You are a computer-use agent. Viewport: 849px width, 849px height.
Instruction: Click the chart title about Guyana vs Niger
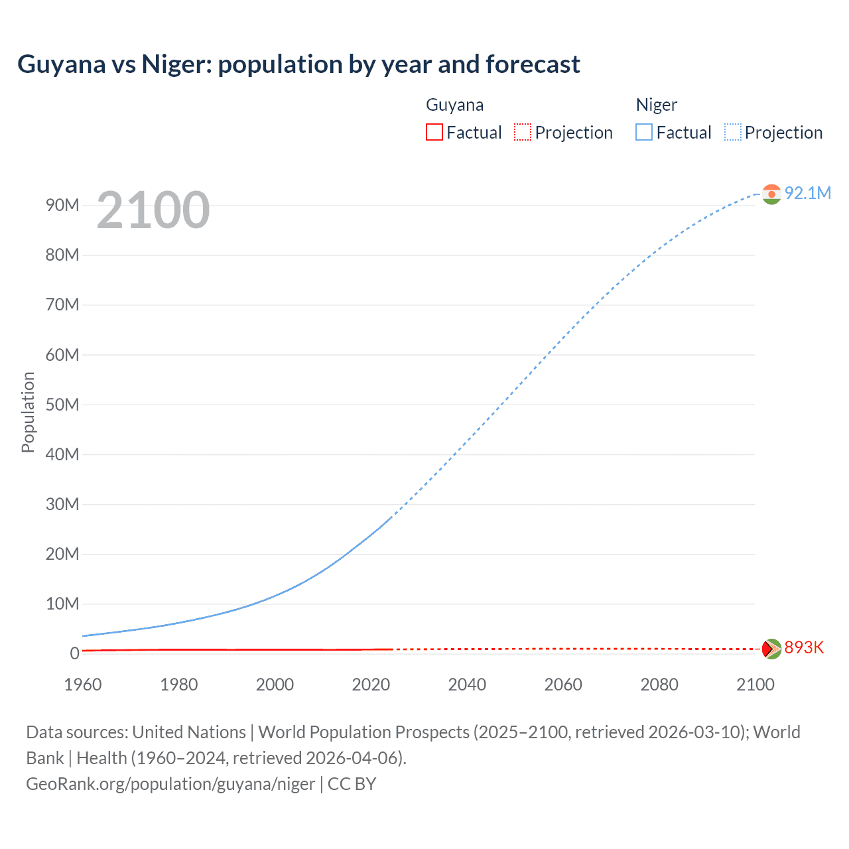coord(298,64)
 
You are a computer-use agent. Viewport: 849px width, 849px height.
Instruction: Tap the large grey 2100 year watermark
coord(153,210)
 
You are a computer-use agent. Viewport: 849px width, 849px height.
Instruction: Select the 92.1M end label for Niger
coord(807,193)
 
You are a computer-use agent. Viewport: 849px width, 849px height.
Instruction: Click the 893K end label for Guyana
coord(803,647)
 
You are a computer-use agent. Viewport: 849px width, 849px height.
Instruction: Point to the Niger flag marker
coord(771,194)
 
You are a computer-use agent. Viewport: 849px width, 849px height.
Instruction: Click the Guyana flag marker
coord(771,648)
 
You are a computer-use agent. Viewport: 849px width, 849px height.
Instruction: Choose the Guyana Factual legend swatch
coord(434,132)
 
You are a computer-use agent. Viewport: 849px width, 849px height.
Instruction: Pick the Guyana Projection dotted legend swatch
coord(523,132)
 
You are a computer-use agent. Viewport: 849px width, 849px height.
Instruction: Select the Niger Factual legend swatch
coord(643,132)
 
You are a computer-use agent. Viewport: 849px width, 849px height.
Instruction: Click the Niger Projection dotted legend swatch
coord(733,132)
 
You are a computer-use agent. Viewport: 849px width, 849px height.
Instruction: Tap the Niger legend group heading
coord(656,105)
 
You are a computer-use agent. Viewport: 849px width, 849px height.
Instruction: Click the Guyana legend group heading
coord(454,105)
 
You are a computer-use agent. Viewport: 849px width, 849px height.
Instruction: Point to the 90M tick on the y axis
coord(62,205)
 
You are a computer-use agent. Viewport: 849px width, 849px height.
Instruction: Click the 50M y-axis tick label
coord(62,405)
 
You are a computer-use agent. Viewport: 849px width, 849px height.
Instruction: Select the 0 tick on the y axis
coord(74,653)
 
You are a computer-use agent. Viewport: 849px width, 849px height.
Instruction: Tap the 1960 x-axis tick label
coord(83,685)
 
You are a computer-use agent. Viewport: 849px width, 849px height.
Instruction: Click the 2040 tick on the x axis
coord(467,685)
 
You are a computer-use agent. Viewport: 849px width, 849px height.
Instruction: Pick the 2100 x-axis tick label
coord(755,685)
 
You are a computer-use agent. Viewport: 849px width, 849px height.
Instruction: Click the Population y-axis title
coord(28,412)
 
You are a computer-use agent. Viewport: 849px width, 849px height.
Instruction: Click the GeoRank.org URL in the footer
coord(170,784)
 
